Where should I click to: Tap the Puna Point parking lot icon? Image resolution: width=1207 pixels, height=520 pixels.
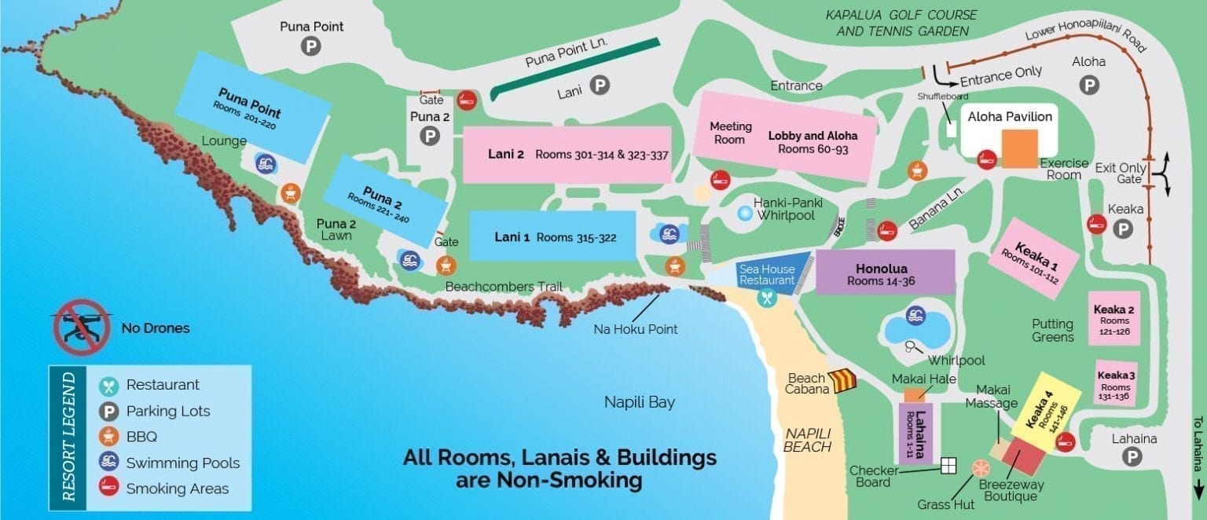pos(311,47)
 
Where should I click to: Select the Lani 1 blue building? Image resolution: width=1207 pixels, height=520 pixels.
pos(552,236)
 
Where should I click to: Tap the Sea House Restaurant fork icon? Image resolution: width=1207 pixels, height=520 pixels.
pos(767,298)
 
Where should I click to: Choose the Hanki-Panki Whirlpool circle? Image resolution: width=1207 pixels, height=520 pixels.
pos(744,212)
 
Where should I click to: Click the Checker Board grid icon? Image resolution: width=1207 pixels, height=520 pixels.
pos(949,466)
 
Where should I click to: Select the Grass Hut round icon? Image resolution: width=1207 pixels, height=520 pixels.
pos(981,469)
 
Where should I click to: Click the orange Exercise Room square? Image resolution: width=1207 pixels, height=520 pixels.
pos(1020,148)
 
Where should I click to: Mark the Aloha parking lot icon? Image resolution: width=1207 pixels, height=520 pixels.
pos(1088,85)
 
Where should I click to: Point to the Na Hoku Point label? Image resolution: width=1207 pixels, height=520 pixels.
pos(635,329)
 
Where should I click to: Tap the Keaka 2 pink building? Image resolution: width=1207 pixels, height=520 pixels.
pos(1113,319)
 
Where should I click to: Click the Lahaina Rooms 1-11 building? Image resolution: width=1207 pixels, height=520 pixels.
pos(915,434)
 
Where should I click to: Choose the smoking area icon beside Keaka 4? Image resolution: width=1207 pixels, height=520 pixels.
pos(1065,442)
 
